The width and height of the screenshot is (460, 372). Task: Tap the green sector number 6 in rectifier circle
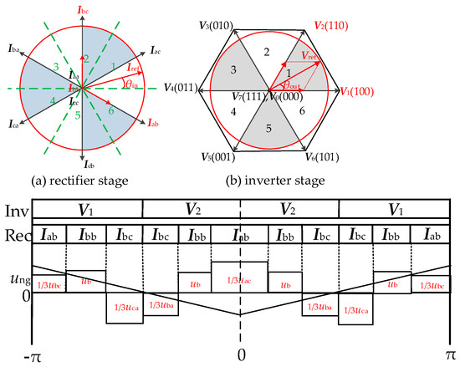[111, 110]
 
